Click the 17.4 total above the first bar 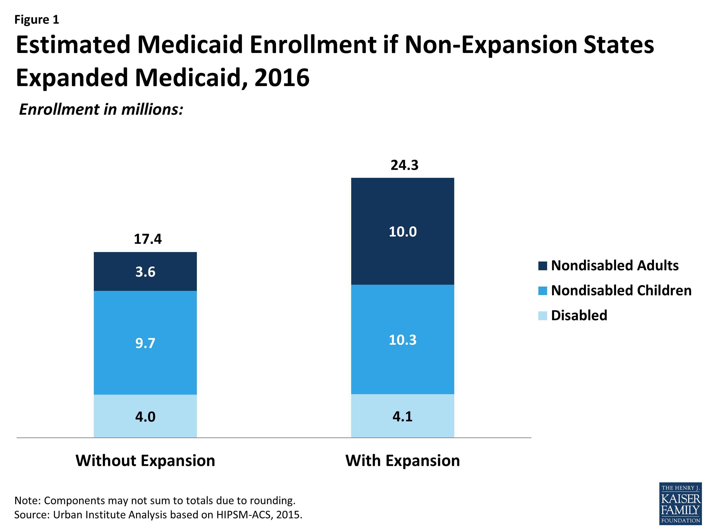[147, 239]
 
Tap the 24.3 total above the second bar [404, 165]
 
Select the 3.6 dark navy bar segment [145, 272]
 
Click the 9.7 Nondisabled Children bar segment [145, 343]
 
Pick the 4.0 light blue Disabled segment [145, 416]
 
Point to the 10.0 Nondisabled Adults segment [402, 231]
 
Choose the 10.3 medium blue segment [402, 340]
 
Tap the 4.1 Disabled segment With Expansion [402, 416]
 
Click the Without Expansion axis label [145, 461]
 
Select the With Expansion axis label [402, 461]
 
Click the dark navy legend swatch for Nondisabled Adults [542, 266]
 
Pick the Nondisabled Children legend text [621, 291]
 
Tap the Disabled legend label [579, 315]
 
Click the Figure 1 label [37, 20]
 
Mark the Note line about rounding [155, 500]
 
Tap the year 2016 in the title [282, 78]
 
